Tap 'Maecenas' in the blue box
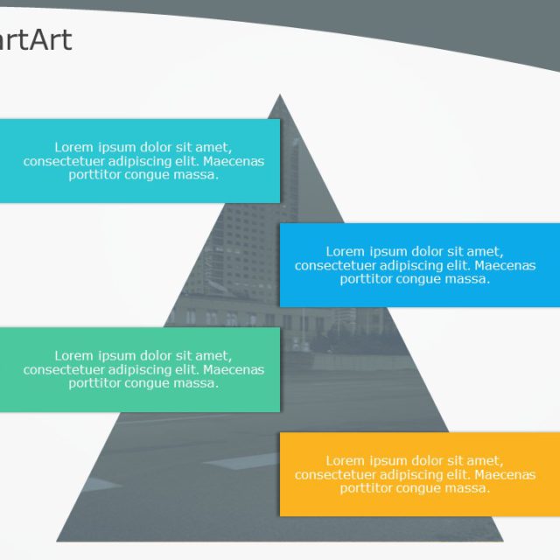[505, 265]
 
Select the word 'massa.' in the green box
[197, 382]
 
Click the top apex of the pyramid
[280, 95]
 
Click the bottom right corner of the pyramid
[503, 539]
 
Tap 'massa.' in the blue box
[468, 279]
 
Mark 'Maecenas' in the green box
[234, 369]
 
